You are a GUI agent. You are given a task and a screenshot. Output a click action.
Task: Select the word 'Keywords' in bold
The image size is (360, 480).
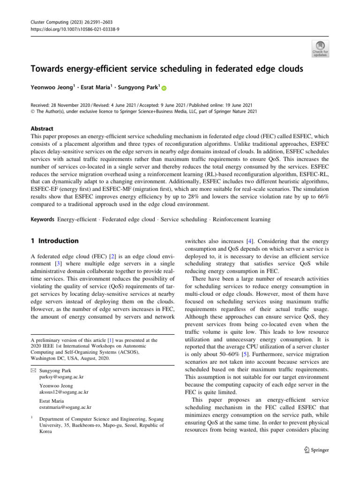pos(42,219)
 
